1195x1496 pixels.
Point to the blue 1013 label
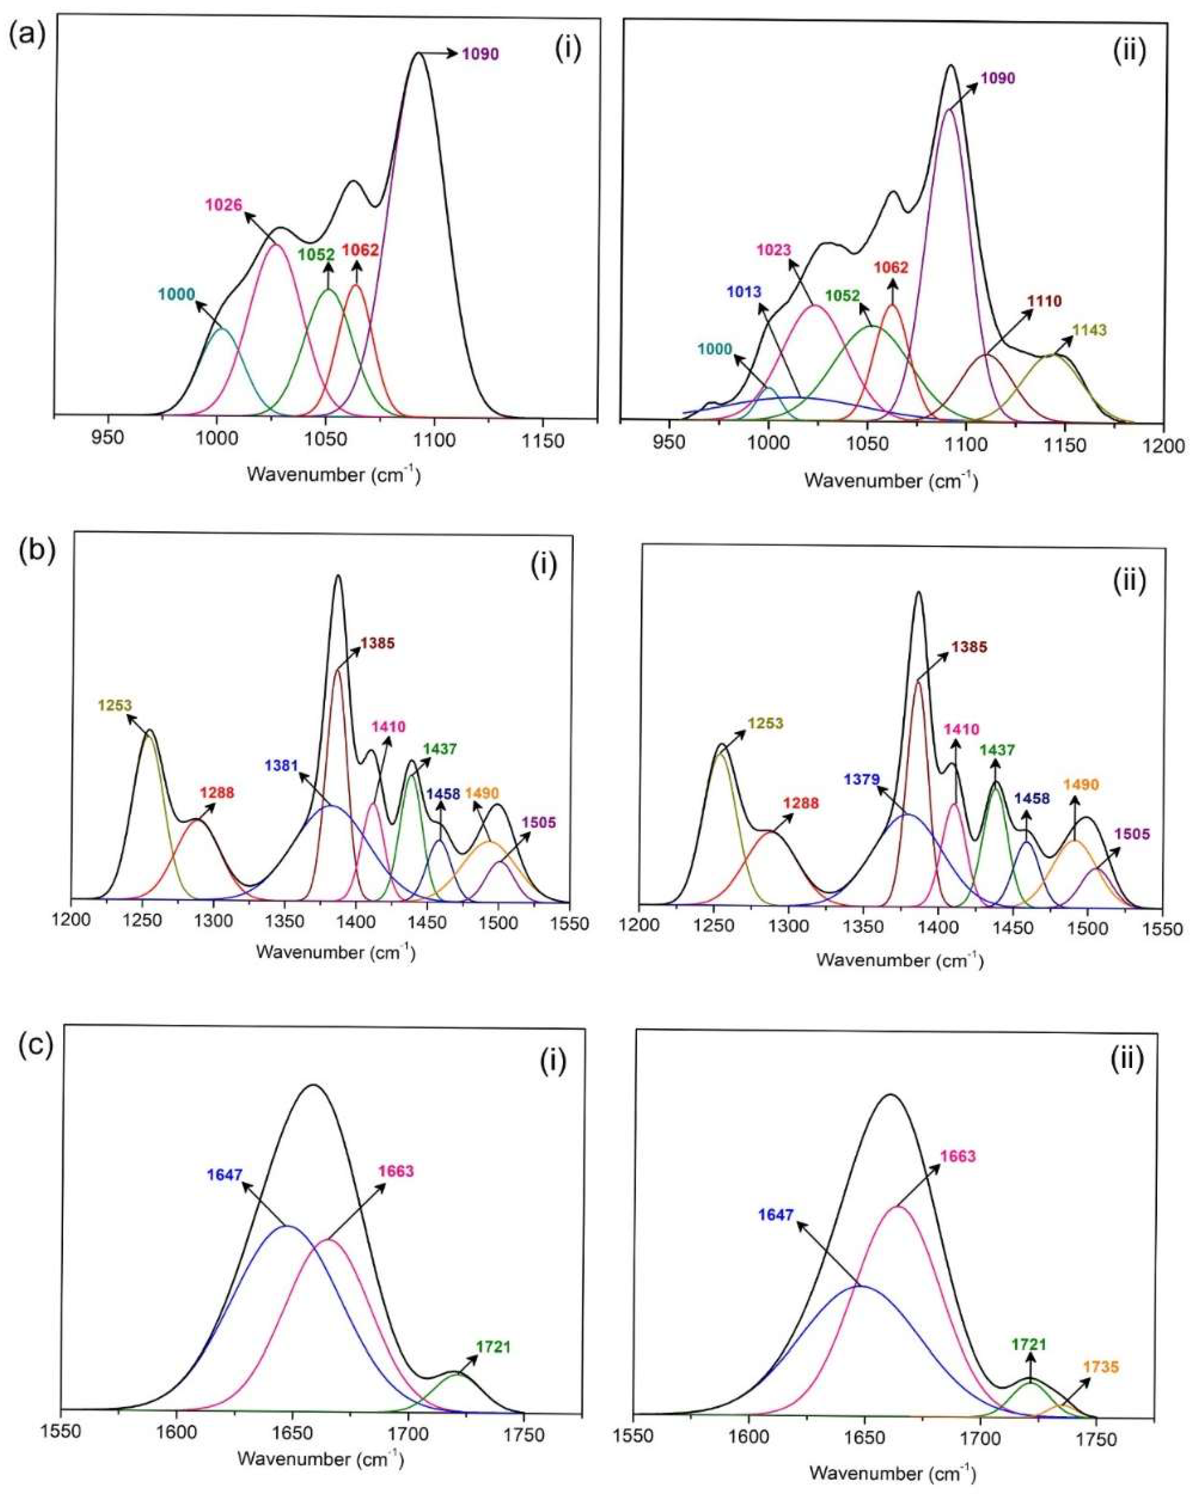pyautogui.click(x=744, y=292)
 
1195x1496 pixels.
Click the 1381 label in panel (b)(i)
pyautogui.click(x=281, y=766)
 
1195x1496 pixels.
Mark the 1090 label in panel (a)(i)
pyautogui.click(x=480, y=54)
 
